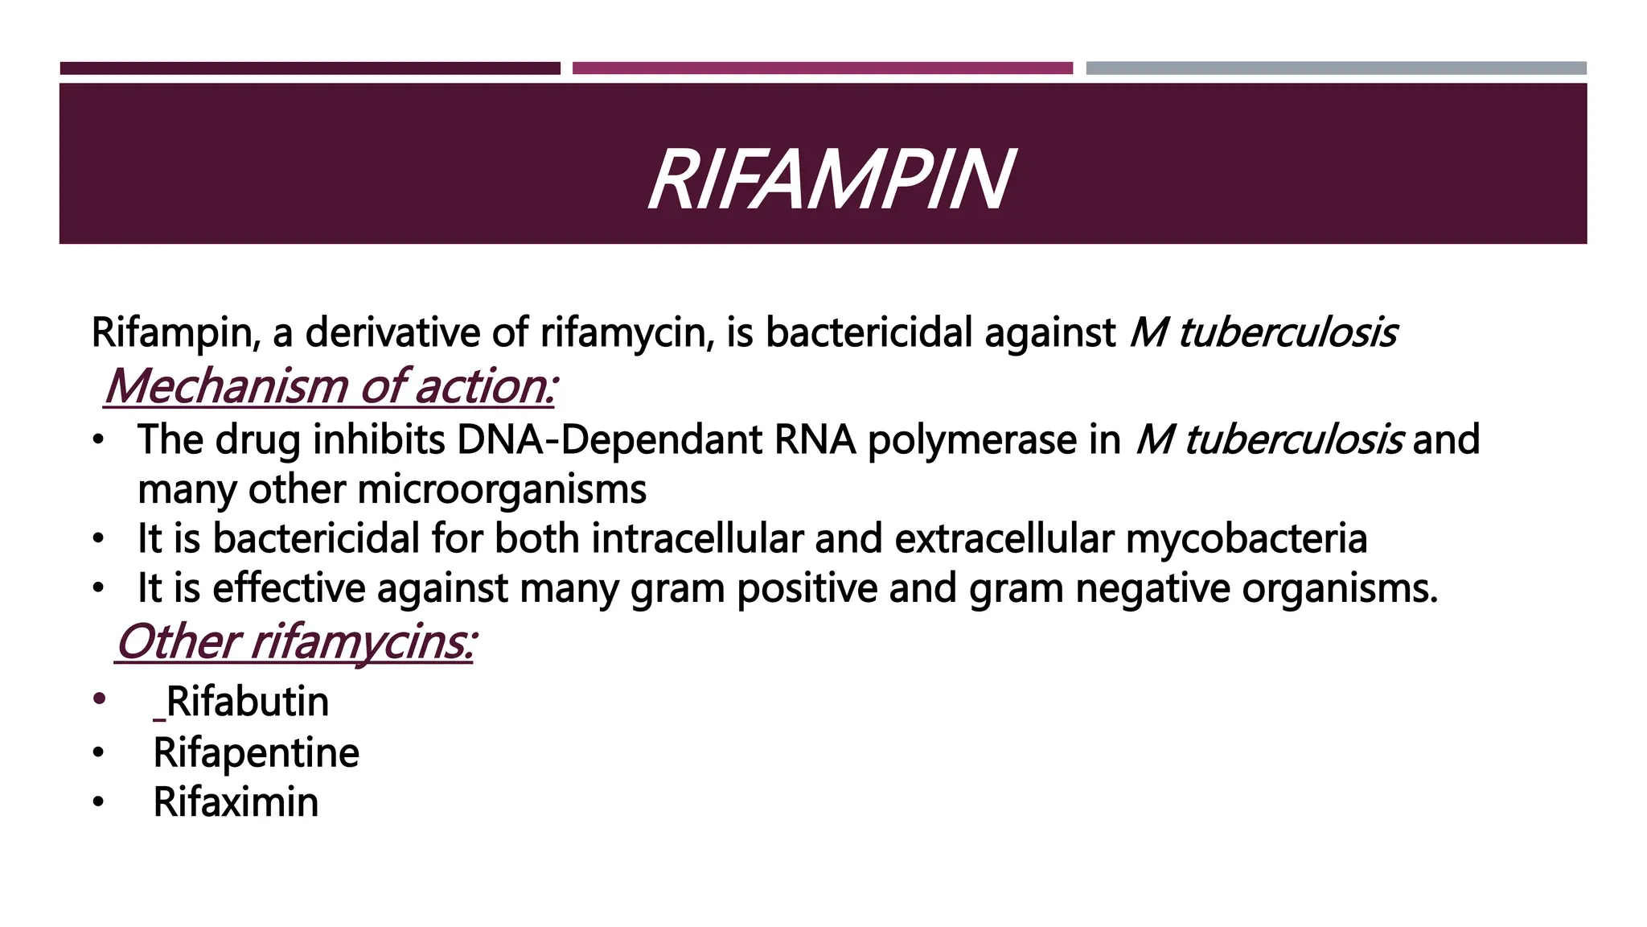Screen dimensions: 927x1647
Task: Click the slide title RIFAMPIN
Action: (x=830, y=180)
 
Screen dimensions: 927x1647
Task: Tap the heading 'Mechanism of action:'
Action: (x=331, y=386)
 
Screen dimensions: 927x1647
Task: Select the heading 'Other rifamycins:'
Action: (x=294, y=642)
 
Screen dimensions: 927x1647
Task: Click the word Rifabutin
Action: (x=248, y=702)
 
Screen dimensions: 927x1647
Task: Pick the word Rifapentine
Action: (x=256, y=753)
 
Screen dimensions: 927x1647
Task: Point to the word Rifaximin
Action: (x=236, y=802)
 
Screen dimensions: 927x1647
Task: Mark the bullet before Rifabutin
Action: (x=98, y=698)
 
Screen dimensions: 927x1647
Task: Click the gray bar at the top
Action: (x=1336, y=68)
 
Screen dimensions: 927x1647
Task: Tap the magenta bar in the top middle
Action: (x=822, y=68)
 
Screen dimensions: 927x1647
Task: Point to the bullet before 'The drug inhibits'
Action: (x=98, y=441)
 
